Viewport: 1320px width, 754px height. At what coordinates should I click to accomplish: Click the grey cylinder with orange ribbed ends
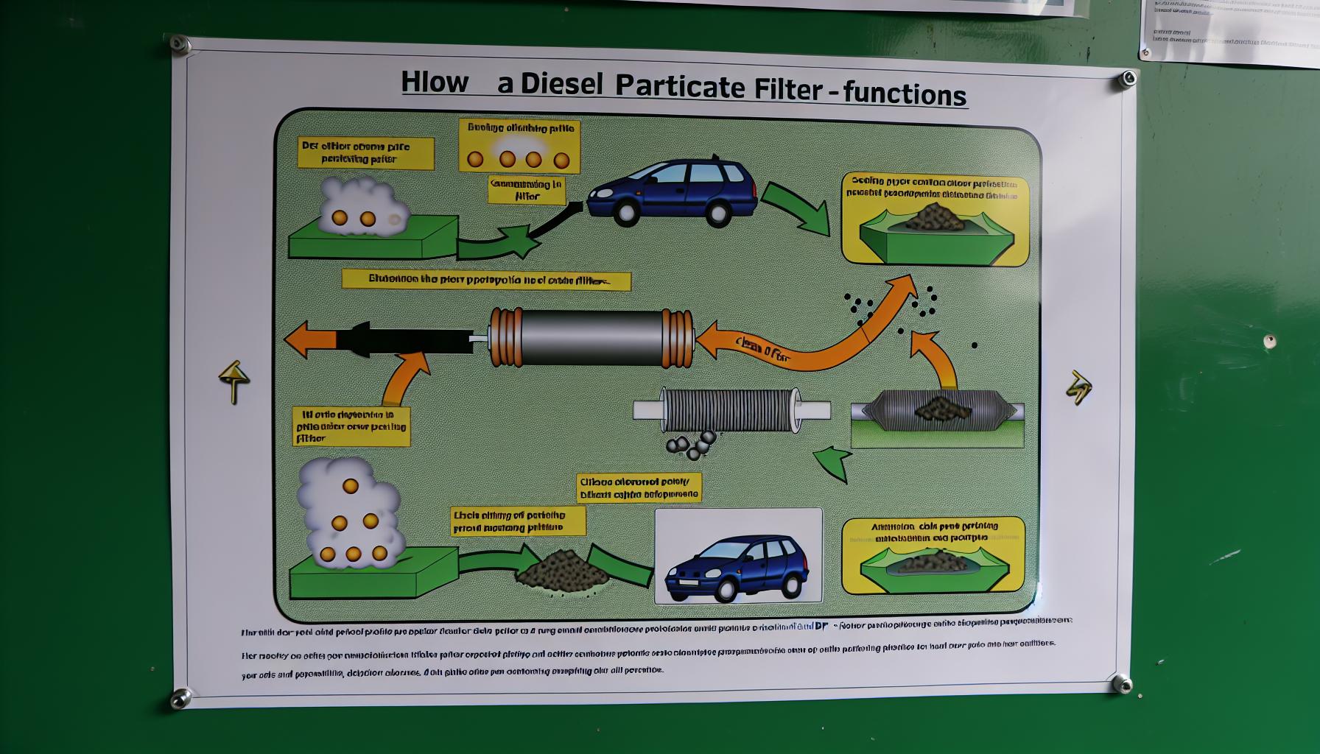pyautogui.click(x=591, y=337)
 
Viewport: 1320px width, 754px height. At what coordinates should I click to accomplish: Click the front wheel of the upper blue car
pyautogui.click(x=626, y=212)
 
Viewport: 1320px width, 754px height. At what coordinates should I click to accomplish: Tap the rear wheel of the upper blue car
pyautogui.click(x=718, y=214)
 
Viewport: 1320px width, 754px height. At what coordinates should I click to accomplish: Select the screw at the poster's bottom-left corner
pyautogui.click(x=180, y=699)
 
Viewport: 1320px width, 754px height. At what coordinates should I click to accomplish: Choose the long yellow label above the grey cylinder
pyautogui.click(x=486, y=281)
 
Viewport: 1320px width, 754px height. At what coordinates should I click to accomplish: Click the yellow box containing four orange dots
pyautogui.click(x=519, y=146)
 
